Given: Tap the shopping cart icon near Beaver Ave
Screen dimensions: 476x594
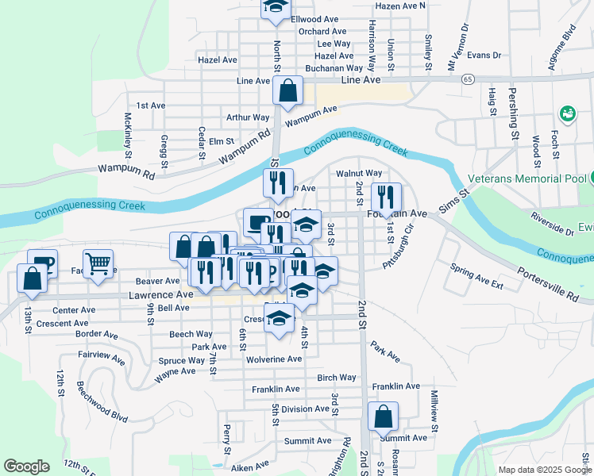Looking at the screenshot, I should click(x=98, y=263).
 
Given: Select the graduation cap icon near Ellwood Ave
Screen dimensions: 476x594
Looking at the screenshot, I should click(x=276, y=6).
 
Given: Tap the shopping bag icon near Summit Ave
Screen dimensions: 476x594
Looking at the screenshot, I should click(x=383, y=416).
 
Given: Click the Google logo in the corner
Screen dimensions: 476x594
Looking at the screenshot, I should click(x=26, y=466).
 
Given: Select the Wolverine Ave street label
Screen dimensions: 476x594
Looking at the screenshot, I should click(x=272, y=359).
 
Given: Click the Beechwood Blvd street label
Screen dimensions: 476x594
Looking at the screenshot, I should click(x=102, y=401).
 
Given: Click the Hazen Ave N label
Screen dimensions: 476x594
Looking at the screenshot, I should click(x=400, y=6).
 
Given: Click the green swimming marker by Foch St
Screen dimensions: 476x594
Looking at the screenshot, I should click(x=568, y=114).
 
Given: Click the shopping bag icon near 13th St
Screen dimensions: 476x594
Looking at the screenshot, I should click(x=32, y=278).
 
